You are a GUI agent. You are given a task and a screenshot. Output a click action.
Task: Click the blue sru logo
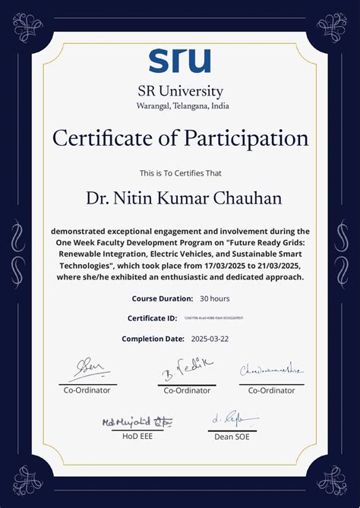(179, 61)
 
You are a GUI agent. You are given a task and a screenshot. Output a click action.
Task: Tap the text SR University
(180, 92)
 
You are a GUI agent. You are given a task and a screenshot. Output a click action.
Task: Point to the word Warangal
(155, 106)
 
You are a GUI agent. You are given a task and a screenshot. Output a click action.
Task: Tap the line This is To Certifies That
(180, 172)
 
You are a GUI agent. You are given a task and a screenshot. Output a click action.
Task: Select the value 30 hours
(215, 298)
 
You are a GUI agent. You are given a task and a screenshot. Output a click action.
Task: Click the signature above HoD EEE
(137, 421)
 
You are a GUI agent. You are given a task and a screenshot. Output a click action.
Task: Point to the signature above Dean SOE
(233, 418)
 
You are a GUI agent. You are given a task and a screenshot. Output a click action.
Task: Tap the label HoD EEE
(137, 437)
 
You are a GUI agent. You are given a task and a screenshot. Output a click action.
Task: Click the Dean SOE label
(232, 437)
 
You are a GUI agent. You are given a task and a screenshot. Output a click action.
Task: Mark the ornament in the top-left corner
(28, 28)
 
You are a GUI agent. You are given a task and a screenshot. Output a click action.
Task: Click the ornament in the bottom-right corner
(331, 480)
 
